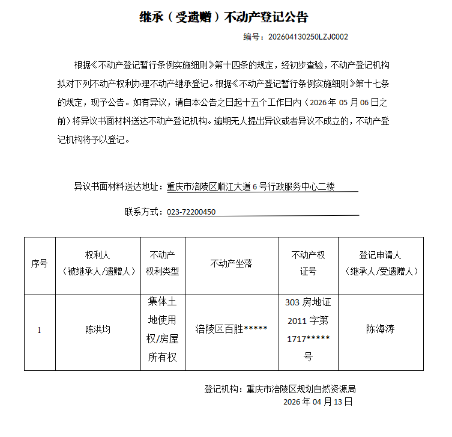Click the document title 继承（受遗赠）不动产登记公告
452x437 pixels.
click(x=223, y=17)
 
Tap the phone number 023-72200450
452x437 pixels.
click(x=191, y=212)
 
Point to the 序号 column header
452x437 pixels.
click(x=39, y=263)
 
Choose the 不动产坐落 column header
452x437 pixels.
click(x=231, y=263)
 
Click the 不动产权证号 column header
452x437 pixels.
click(x=308, y=263)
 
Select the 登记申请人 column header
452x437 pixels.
click(x=380, y=263)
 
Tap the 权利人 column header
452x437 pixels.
click(x=98, y=263)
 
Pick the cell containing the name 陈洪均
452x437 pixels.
click(x=98, y=329)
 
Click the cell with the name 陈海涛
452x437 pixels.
click(x=380, y=329)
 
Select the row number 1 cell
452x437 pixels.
click(x=39, y=330)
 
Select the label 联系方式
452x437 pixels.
click(x=142, y=212)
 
